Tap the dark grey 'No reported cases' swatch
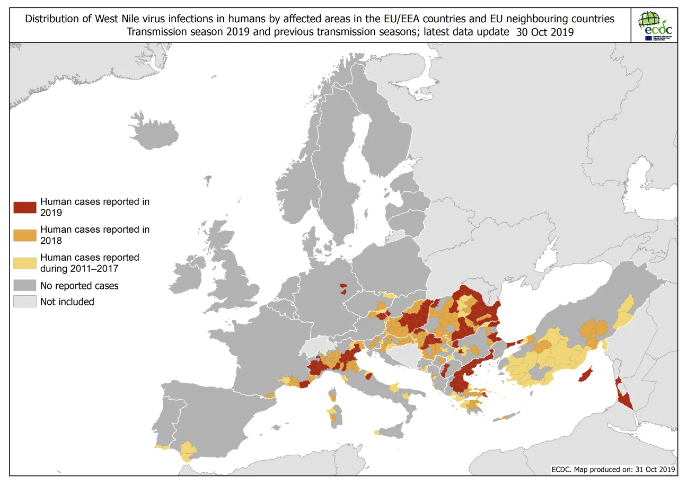(x=25, y=286)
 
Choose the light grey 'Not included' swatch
(x=25, y=302)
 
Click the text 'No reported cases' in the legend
(x=80, y=286)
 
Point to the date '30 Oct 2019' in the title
(x=545, y=32)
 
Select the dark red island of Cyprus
(x=585, y=376)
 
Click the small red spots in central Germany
(x=343, y=289)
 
